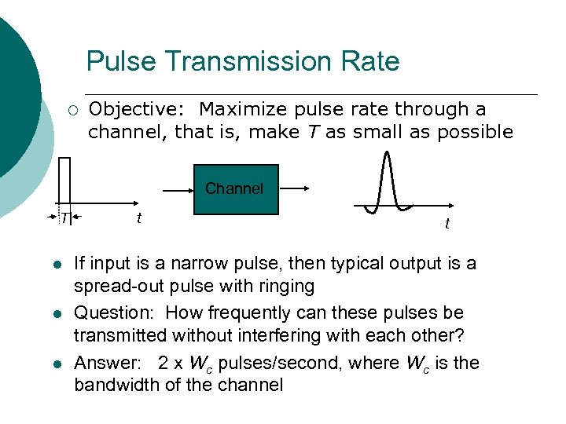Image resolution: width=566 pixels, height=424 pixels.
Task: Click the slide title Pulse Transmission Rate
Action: tap(243, 61)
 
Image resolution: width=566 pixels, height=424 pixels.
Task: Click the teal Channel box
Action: tap(234, 188)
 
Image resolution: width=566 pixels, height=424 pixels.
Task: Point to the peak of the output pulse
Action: tap(387, 154)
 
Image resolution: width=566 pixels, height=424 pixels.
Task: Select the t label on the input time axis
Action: tap(139, 217)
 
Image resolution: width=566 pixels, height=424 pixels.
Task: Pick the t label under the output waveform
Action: tap(447, 225)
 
